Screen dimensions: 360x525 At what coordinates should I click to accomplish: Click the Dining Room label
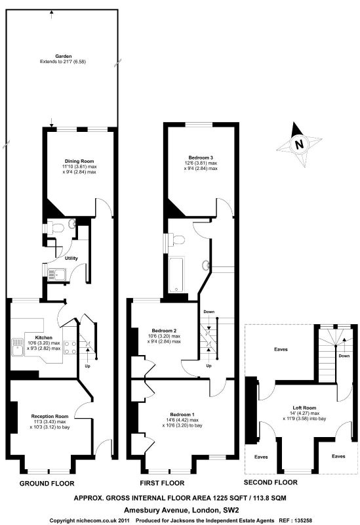tap(79, 161)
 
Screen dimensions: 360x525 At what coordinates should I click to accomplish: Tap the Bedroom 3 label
tap(201, 157)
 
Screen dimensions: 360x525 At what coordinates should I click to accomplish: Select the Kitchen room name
tap(43, 337)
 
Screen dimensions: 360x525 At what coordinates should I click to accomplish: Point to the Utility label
tap(71, 258)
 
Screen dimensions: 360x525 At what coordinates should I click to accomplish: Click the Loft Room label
tap(304, 408)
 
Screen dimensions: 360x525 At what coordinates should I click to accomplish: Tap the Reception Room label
tap(50, 416)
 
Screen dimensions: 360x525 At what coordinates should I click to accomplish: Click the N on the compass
tap(299, 144)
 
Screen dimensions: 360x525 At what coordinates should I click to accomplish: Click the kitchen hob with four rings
tap(70, 347)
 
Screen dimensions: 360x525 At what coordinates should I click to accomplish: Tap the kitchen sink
tap(18, 347)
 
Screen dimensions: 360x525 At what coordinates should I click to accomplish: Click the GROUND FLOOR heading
tap(47, 484)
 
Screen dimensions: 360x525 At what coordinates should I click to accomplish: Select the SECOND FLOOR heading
tap(270, 482)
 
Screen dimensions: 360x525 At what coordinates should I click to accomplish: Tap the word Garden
tap(63, 56)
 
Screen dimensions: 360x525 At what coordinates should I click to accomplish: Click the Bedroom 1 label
tap(182, 415)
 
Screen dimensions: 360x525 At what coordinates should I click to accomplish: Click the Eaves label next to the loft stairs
tap(281, 349)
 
